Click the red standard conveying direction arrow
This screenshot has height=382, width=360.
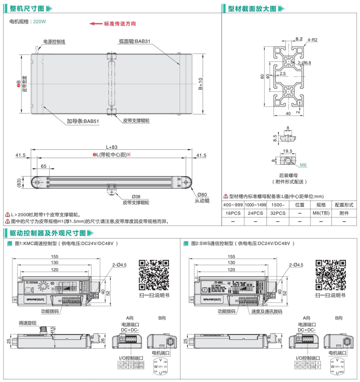[x=95, y=24]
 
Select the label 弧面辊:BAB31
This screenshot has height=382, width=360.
[x=134, y=42]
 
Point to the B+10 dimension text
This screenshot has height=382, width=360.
[x=201, y=83]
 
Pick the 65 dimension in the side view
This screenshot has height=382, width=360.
[x=44, y=167]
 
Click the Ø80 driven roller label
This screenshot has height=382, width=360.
[x=202, y=195]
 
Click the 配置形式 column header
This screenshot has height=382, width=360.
[x=344, y=205]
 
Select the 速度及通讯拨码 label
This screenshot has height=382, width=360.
[x=267, y=311]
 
